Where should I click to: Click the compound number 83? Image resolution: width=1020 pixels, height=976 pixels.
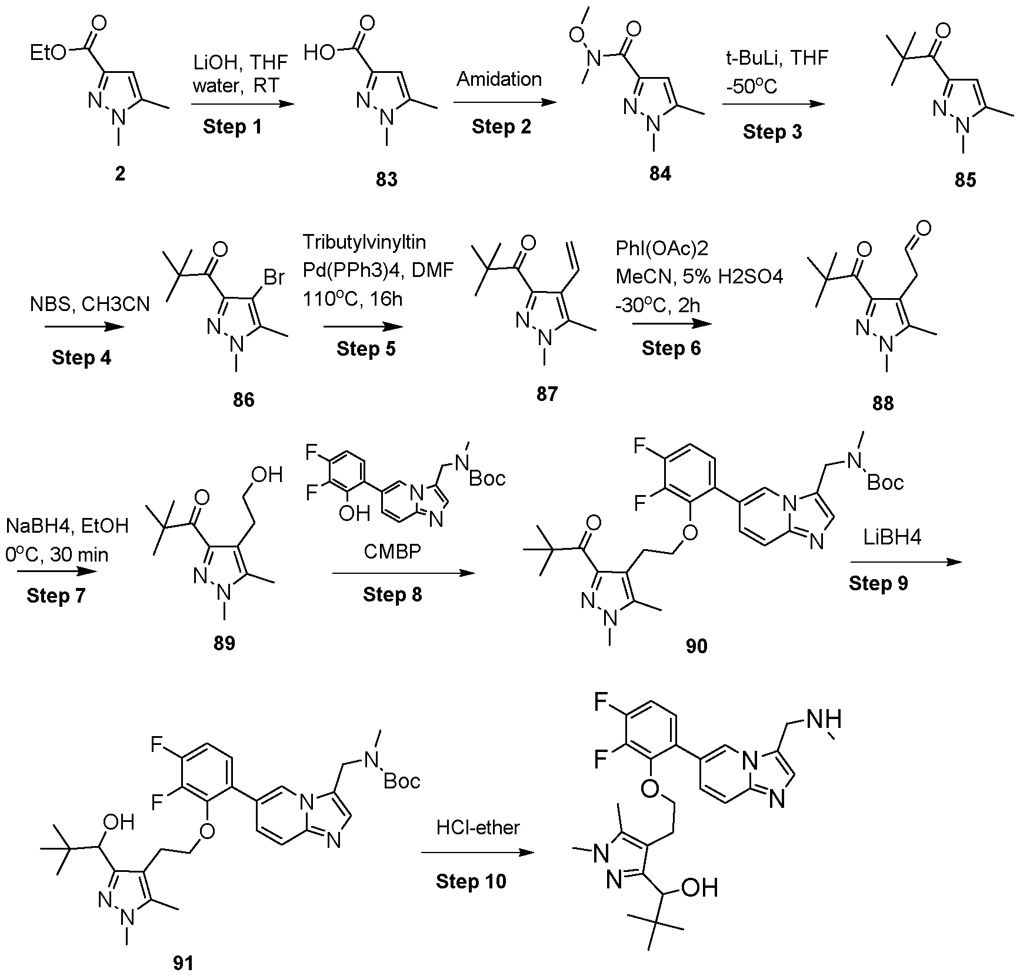pos(386,179)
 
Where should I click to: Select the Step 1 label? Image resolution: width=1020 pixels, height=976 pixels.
pos(232,127)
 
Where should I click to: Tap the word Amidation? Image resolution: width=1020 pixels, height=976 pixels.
pos(499,79)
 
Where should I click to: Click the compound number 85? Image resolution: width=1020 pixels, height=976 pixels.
pos(965,179)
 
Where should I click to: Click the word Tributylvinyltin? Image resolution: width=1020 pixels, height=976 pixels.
pos(364,242)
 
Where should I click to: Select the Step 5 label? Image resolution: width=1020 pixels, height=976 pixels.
pos(366,349)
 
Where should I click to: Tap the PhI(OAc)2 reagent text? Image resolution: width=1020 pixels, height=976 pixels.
pos(662,248)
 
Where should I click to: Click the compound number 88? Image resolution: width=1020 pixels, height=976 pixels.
pos(882,403)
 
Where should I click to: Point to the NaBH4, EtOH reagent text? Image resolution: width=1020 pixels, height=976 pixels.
pos(67,525)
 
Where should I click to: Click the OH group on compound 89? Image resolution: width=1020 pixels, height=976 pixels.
pos(267,474)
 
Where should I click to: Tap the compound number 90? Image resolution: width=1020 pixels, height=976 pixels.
pos(696,646)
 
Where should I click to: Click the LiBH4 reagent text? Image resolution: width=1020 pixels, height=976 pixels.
pos(892,539)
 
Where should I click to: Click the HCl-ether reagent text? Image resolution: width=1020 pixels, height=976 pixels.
pos(478,828)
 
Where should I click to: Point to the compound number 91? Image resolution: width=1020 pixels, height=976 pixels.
pos(183,963)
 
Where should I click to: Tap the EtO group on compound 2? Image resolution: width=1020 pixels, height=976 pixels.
pos(49,53)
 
